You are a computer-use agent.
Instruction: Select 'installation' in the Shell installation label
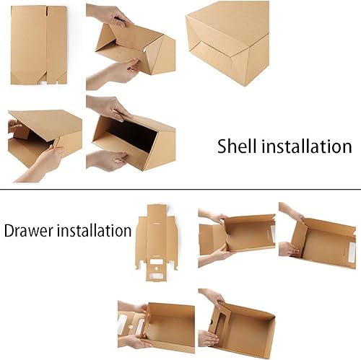click(x=307, y=146)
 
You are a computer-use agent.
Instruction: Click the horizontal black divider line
click(x=180, y=190)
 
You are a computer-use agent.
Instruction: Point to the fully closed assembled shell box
click(x=227, y=43)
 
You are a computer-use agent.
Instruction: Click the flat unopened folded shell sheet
click(x=38, y=45)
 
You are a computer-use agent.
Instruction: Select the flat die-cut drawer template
click(x=157, y=243)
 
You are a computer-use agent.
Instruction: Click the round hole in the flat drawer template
click(x=157, y=268)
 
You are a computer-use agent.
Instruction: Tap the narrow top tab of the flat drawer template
click(x=157, y=210)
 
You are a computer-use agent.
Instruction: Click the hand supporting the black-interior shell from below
click(x=107, y=160)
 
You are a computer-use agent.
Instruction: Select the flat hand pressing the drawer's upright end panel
click(x=289, y=250)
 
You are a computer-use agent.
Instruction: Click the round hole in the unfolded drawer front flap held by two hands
click(x=131, y=327)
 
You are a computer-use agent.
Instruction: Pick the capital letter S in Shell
click(x=222, y=146)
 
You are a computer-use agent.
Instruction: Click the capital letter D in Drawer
click(x=9, y=231)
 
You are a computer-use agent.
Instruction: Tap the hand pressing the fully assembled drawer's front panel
click(x=208, y=338)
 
